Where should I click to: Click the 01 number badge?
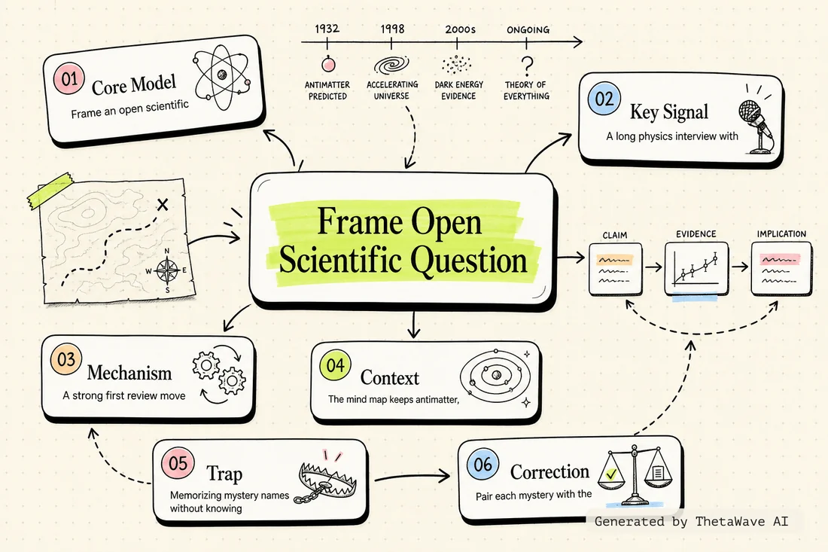(69, 79)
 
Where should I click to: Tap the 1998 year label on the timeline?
(392, 29)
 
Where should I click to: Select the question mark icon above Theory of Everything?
(526, 66)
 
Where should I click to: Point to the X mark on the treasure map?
(163, 204)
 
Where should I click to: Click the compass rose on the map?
(167, 271)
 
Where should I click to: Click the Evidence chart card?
(696, 269)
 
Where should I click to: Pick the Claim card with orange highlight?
(615, 268)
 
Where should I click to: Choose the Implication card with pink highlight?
(781, 268)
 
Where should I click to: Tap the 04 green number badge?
(335, 365)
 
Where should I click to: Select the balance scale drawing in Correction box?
(635, 476)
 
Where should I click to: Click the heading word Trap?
(224, 473)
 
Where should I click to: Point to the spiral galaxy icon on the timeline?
(392, 65)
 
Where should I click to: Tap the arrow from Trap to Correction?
(412, 477)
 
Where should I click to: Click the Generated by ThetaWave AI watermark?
(691, 521)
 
